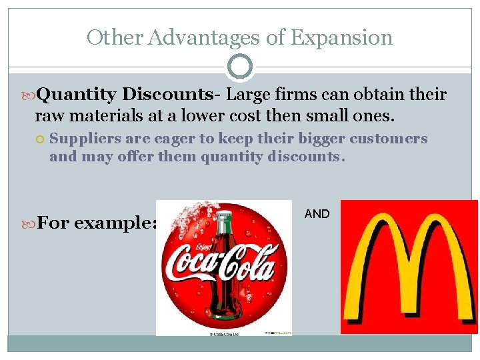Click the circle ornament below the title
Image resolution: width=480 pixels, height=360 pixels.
(239, 67)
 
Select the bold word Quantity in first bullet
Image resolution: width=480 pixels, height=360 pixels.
(77, 95)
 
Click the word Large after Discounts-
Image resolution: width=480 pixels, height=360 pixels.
(247, 95)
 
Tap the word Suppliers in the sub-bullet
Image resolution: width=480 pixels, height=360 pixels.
(83, 139)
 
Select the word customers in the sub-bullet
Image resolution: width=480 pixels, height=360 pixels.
(387, 139)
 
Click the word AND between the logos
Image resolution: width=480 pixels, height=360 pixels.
(317, 214)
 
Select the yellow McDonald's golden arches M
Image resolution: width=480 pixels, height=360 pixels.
(409, 267)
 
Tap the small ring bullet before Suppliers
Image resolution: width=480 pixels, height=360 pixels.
(41, 139)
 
